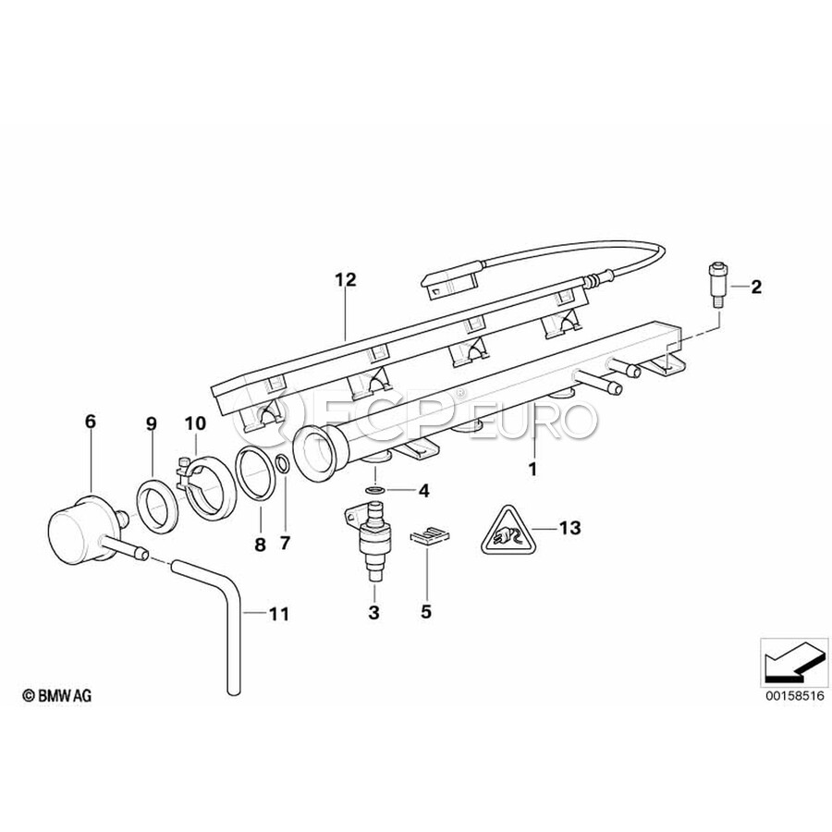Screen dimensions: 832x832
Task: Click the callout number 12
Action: point(346,279)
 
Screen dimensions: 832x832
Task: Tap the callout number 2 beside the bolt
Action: point(756,288)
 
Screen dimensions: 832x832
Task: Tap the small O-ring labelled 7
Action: point(284,464)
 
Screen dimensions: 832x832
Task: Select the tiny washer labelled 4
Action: point(375,489)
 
